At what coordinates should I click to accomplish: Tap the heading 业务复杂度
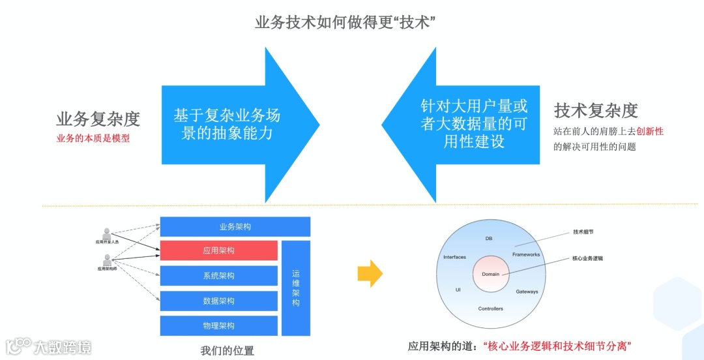click(x=98, y=119)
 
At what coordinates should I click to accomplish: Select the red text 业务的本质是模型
click(x=93, y=138)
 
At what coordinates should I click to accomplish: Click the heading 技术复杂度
click(x=595, y=110)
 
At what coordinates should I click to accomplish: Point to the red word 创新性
click(x=650, y=131)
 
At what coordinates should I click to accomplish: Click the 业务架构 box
click(x=235, y=227)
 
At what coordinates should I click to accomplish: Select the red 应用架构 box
click(x=219, y=250)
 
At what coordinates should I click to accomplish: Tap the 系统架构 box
click(x=219, y=276)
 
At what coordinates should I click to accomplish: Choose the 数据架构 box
click(x=219, y=301)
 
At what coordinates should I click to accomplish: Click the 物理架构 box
click(x=219, y=325)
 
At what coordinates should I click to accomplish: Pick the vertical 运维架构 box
click(x=296, y=288)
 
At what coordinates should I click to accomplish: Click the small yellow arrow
click(x=370, y=273)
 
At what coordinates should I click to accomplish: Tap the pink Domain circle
click(x=490, y=274)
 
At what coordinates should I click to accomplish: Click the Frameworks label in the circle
click(x=526, y=254)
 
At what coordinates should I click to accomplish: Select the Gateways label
click(x=527, y=292)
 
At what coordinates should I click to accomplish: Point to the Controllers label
click(x=490, y=308)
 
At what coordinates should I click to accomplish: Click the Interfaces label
click(x=454, y=257)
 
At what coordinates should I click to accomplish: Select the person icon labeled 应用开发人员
click(x=107, y=233)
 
